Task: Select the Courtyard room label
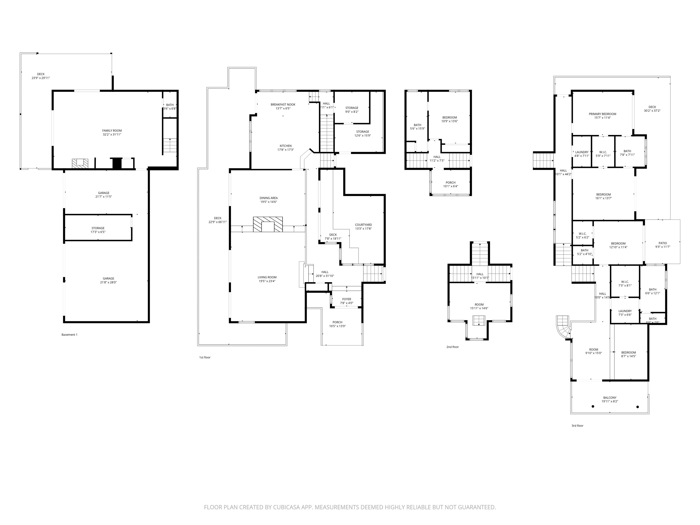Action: (x=363, y=225)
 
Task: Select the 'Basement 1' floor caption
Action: (x=69, y=335)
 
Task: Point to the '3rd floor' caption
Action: (x=577, y=426)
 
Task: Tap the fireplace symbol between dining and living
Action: (x=268, y=225)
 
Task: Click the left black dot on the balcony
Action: (x=593, y=406)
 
